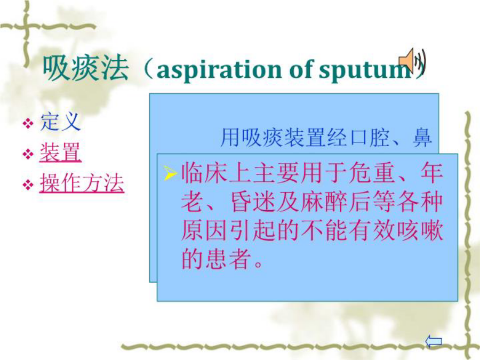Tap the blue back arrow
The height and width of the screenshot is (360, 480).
pyautogui.click(x=434, y=341)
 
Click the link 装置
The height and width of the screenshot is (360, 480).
pyautogui.click(x=60, y=153)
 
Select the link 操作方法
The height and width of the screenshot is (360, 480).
pyautogui.click(x=82, y=183)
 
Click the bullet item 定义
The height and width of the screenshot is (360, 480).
pyautogui.click(x=60, y=122)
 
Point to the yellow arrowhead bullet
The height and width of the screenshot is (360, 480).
pyautogui.click(x=170, y=173)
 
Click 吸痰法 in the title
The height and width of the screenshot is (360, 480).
pyautogui.click(x=85, y=69)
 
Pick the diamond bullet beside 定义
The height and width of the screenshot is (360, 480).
pyautogui.click(x=28, y=124)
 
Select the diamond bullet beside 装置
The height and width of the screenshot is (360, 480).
pyautogui.click(x=28, y=154)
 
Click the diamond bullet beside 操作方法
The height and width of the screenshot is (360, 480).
pyautogui.click(x=28, y=185)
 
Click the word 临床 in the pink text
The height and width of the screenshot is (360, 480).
pyautogui.click(x=204, y=173)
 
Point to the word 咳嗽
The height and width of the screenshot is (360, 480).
pyautogui.click(x=420, y=230)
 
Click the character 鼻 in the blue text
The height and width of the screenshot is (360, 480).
pyautogui.click(x=422, y=137)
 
